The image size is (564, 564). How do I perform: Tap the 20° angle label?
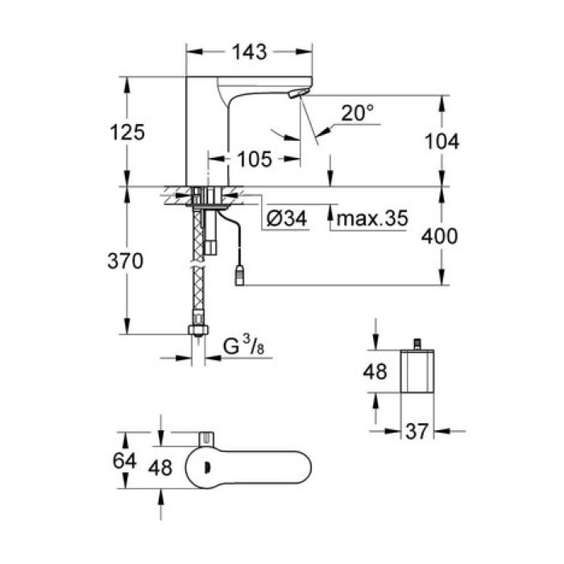pos(357,114)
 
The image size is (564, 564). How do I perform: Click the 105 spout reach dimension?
pos(255,159)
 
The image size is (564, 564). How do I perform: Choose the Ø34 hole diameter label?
pos(286,218)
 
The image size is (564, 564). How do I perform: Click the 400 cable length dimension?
pos(440,236)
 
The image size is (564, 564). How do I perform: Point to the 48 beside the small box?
pos(375,373)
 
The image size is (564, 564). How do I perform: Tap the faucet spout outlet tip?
pos(296,96)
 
